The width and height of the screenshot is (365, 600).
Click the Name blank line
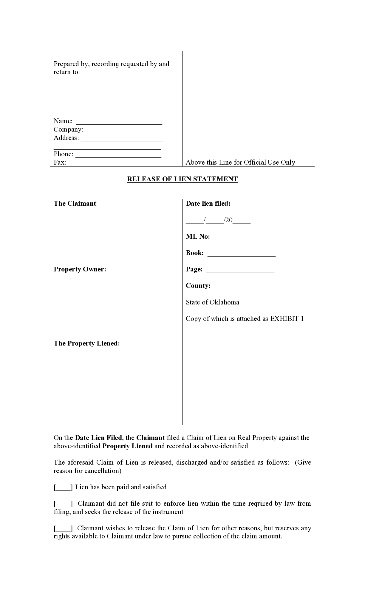pyautogui.click(x=119, y=122)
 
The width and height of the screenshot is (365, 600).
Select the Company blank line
pyautogui.click(x=125, y=130)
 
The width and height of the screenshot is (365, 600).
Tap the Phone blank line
pyautogui.click(x=118, y=155)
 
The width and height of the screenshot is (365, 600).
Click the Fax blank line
pyautogui.click(x=115, y=163)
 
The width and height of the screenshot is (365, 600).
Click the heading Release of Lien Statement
pyautogui.click(x=182, y=179)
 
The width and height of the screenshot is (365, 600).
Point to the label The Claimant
pyautogui.click(x=75, y=204)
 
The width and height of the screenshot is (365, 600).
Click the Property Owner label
pyautogui.click(x=80, y=269)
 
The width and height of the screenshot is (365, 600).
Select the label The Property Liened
pyautogui.click(x=87, y=343)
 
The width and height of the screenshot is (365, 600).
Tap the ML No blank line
pyautogui.click(x=248, y=237)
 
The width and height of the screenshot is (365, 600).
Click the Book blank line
pyautogui.click(x=241, y=254)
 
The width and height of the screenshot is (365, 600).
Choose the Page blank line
pyautogui.click(x=240, y=270)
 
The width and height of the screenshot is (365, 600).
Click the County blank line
pyautogui.click(x=254, y=287)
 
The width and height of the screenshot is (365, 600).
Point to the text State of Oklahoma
pyautogui.click(x=212, y=302)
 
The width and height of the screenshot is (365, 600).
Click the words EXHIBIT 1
pyautogui.click(x=287, y=319)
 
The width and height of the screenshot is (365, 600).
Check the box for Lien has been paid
pyautogui.click(x=63, y=487)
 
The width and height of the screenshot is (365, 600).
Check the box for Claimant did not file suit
pyautogui.click(x=63, y=504)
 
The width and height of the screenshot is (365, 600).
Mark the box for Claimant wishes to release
pyautogui.click(x=63, y=529)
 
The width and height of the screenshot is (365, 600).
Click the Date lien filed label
pyautogui.click(x=208, y=204)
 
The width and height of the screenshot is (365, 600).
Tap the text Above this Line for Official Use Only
pyautogui.click(x=240, y=162)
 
